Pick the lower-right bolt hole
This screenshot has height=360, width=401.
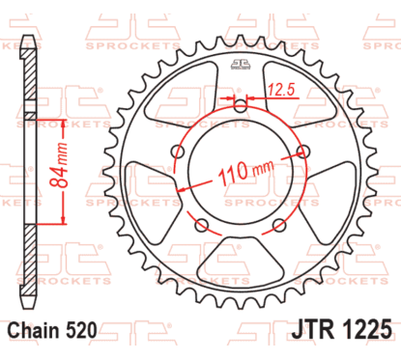coord(279,224)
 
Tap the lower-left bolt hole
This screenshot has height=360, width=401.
coord(200,224)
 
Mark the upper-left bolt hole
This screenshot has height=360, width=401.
coord(177,151)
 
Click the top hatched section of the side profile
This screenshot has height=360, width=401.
coord(31,77)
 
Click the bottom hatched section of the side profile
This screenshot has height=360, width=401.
coord(31,261)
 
